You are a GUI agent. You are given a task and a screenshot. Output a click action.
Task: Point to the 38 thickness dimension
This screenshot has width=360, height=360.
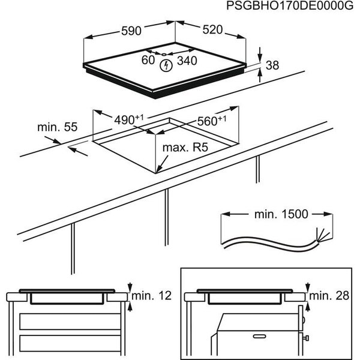click(272, 67)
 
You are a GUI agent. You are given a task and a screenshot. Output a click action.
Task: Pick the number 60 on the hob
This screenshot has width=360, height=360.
click(148, 60)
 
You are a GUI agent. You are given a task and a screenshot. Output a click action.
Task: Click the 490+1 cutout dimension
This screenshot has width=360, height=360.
click(128, 120)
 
